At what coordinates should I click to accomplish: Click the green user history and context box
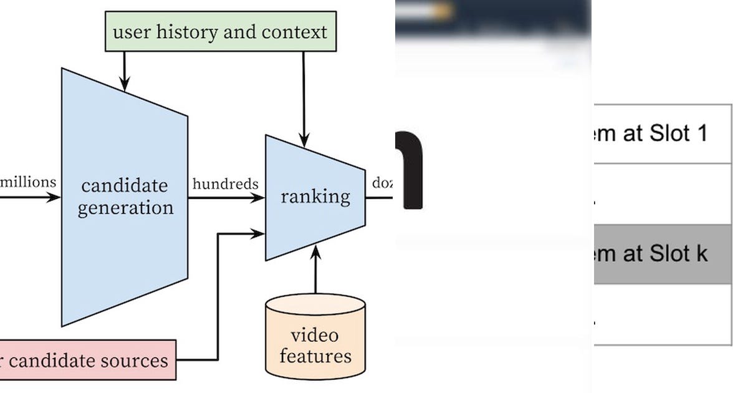[220, 31]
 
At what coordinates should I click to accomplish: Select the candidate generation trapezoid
[125, 196]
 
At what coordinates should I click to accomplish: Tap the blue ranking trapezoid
[315, 197]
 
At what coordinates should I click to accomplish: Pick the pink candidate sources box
[87, 360]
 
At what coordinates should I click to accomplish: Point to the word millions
[28, 182]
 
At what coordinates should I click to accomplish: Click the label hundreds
[225, 183]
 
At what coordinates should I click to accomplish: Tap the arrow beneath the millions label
[28, 198]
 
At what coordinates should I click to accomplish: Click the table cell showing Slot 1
[661, 133]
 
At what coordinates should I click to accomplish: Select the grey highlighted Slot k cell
[661, 254]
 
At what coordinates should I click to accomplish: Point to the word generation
[125, 207]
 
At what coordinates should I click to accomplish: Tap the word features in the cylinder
[315, 356]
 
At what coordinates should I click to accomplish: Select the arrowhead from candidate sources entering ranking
[258, 234]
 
